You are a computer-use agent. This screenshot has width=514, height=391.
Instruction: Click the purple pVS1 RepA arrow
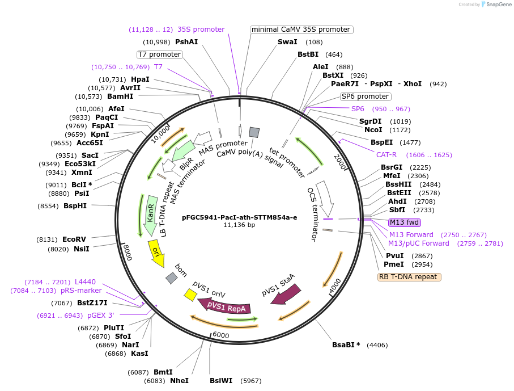point(225,307)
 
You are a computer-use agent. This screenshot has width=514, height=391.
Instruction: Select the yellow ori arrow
point(156,253)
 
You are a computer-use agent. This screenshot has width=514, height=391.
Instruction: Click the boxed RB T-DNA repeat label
point(409,277)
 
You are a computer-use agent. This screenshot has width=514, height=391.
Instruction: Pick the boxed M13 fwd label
point(404,222)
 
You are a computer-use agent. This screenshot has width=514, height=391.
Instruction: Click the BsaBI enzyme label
point(346,344)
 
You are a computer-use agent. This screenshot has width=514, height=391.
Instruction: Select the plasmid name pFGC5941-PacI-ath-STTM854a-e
point(239,217)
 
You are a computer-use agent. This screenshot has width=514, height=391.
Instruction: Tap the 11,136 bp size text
point(239,225)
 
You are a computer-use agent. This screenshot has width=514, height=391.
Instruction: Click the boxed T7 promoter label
point(160,54)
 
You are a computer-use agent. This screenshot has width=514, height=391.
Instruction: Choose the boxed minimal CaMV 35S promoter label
point(301,30)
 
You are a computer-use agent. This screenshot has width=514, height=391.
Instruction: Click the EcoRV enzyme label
point(74,239)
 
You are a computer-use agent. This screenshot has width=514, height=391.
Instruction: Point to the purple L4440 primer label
point(85,282)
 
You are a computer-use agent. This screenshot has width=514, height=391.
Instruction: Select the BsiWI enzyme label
point(221,380)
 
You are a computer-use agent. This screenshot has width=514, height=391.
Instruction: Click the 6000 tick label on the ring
point(220,335)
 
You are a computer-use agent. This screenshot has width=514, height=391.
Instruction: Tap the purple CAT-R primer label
point(386,154)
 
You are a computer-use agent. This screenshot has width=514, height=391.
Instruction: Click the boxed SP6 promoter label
point(365,96)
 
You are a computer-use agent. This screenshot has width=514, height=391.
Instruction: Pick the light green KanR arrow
point(150,217)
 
